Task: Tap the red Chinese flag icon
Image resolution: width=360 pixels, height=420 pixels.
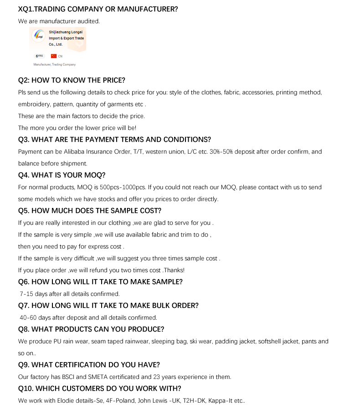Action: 53,56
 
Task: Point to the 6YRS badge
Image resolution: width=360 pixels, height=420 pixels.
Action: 39,56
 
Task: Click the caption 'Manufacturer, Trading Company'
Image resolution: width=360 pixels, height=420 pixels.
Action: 55,65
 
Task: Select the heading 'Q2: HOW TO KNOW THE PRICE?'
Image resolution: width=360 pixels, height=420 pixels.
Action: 72,80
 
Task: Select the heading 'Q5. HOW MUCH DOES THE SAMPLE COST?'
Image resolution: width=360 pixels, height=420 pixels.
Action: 90,211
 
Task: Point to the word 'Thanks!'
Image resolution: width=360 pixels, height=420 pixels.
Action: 175,270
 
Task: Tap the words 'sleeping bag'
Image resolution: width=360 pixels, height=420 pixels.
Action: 169,342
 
